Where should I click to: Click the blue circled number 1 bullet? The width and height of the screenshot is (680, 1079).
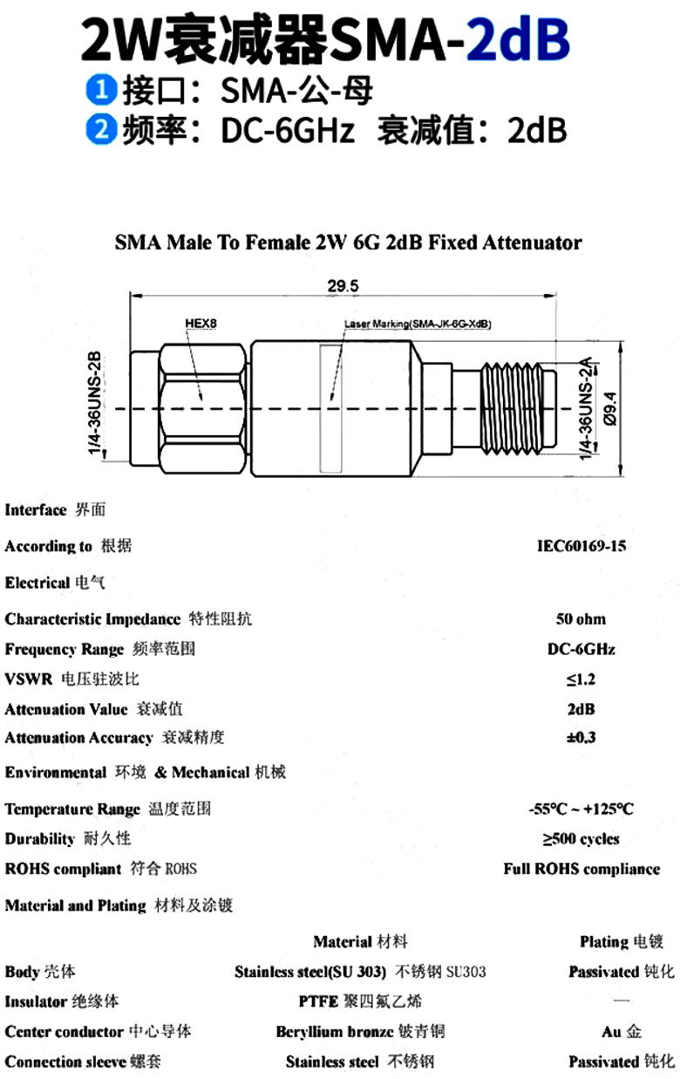(101, 90)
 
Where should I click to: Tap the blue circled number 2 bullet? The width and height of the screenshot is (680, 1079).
(101, 129)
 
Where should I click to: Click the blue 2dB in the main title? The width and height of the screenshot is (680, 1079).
(518, 39)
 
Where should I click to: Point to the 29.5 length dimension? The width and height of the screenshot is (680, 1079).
(343, 286)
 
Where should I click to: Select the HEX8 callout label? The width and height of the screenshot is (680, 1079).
(201, 324)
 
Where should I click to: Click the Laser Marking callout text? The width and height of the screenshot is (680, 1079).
(418, 324)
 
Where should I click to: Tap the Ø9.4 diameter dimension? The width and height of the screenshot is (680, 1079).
(610, 408)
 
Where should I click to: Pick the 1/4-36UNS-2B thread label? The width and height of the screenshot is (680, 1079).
(95, 403)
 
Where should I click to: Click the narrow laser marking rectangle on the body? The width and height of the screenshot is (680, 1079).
(331, 408)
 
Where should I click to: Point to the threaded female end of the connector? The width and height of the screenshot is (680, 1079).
(519, 408)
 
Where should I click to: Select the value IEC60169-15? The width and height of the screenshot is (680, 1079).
(581, 546)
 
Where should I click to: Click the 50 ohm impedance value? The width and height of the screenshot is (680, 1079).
(581, 619)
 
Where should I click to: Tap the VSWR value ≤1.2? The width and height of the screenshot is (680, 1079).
(581, 679)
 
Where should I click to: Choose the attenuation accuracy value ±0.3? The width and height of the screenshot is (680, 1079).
(581, 737)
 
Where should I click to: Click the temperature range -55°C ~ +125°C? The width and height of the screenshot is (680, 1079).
(581, 809)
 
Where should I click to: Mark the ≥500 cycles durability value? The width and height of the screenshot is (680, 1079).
(581, 839)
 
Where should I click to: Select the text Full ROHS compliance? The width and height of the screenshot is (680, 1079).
(581, 869)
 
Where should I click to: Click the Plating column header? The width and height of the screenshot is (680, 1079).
(622, 941)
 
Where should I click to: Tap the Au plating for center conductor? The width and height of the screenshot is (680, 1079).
(622, 1031)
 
